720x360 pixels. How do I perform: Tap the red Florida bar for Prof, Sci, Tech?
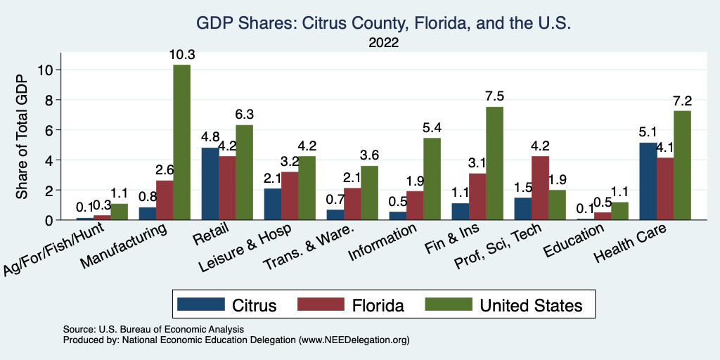click(x=540, y=188)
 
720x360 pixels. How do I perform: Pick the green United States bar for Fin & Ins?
click(x=494, y=163)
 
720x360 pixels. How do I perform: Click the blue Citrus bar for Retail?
click(x=210, y=184)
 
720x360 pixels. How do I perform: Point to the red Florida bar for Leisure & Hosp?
click(x=290, y=195)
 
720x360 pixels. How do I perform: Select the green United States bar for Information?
click(x=432, y=179)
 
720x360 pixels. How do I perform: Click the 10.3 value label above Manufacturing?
click(x=181, y=54)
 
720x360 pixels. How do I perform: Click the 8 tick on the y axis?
click(x=49, y=99)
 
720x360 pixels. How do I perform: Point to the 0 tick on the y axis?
click(x=49, y=220)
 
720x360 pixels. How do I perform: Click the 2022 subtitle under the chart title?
click(x=384, y=42)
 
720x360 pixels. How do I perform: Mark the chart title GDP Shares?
click(x=383, y=23)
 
